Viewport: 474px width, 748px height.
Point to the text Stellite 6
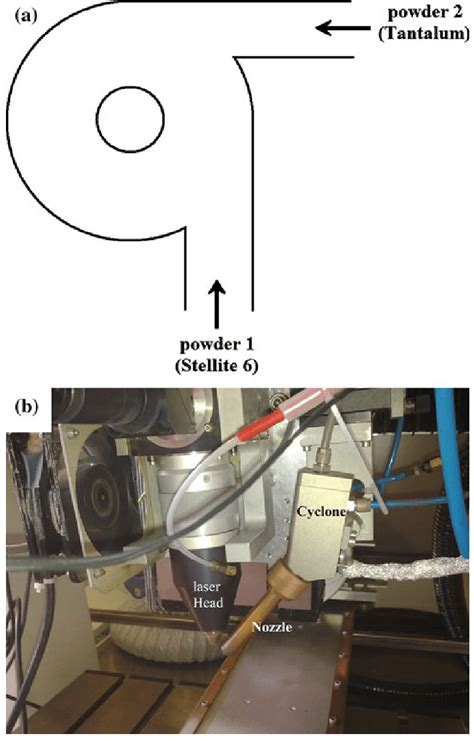[219, 366]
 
